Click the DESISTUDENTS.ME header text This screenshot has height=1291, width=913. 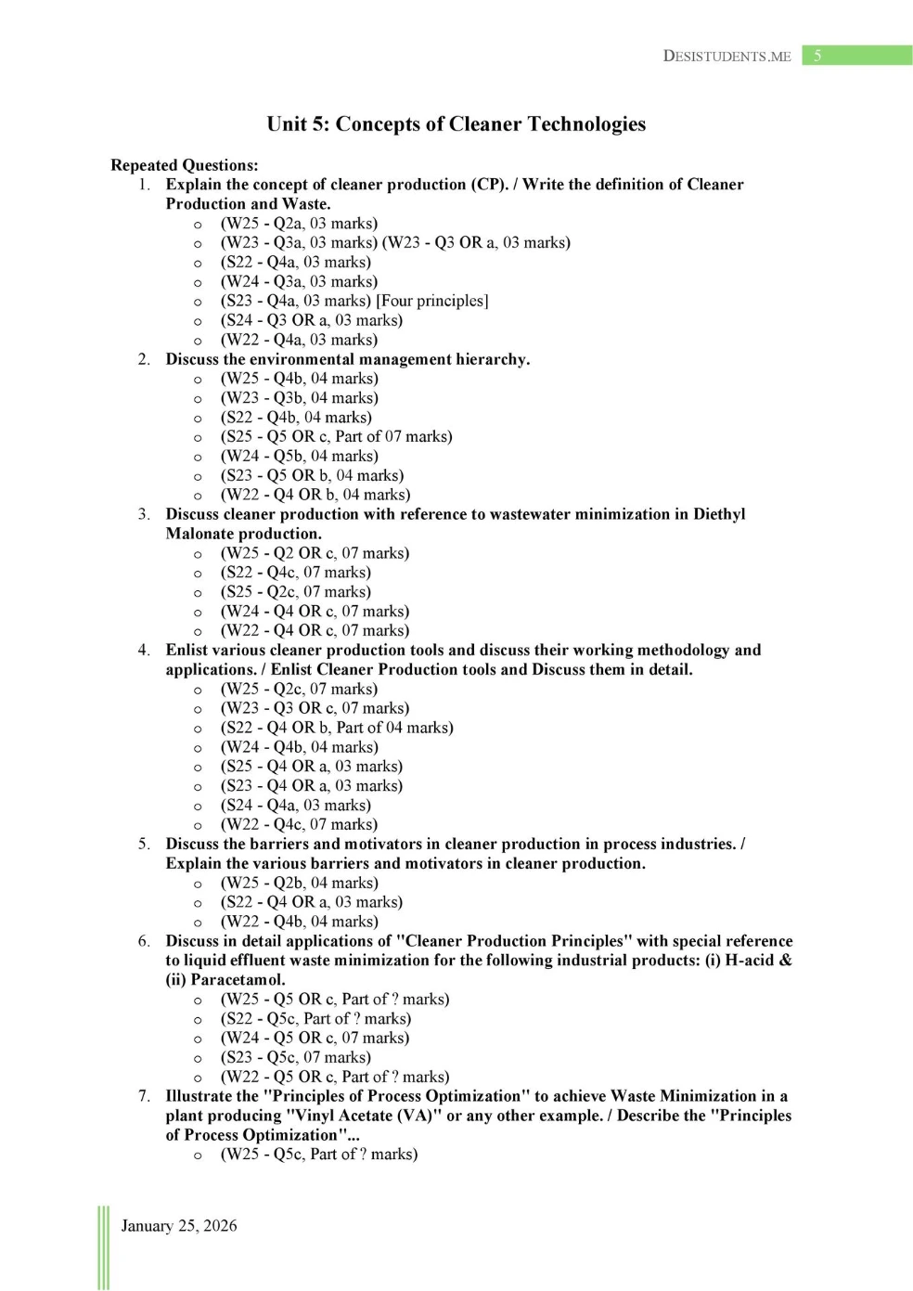(x=727, y=56)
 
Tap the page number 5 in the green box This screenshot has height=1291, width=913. (x=817, y=56)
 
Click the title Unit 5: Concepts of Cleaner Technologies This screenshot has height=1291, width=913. (x=456, y=124)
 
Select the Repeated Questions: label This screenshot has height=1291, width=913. (x=185, y=165)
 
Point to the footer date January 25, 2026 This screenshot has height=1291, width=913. (x=179, y=1226)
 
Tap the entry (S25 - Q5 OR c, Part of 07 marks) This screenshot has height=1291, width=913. (x=336, y=436)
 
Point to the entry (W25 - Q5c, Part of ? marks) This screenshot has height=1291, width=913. (x=319, y=1155)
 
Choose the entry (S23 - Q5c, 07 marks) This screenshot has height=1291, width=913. (x=295, y=1057)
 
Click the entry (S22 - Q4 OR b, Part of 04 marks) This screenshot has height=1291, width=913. (x=337, y=728)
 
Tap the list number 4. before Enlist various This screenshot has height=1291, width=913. (x=144, y=650)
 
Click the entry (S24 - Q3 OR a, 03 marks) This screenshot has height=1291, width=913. (x=311, y=320)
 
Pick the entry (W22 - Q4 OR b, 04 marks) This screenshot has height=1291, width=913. (x=315, y=495)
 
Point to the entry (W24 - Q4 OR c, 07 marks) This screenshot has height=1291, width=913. (x=315, y=611)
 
